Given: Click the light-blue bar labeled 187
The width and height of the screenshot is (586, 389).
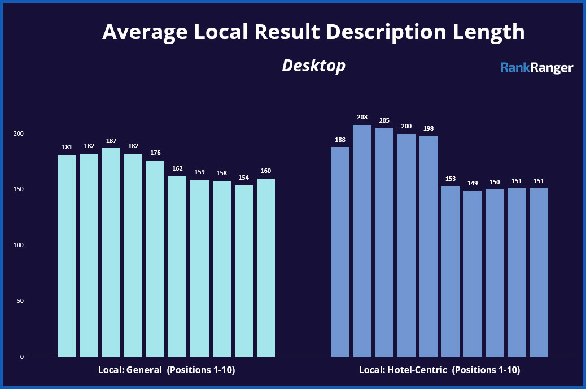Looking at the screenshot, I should click(x=111, y=252).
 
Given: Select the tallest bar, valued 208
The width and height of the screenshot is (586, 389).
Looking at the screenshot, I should click(x=362, y=241).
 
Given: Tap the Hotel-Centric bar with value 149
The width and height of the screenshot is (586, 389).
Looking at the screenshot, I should click(x=473, y=274).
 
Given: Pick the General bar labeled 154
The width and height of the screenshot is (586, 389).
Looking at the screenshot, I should click(x=244, y=271).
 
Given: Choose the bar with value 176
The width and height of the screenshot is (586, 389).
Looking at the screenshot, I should click(x=155, y=258).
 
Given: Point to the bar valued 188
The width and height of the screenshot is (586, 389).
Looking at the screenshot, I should click(x=340, y=252).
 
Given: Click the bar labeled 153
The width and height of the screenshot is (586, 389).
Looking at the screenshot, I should click(x=451, y=271).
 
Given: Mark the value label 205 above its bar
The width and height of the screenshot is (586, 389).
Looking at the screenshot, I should click(x=384, y=121).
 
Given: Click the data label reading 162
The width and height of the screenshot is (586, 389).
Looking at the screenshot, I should click(x=177, y=169).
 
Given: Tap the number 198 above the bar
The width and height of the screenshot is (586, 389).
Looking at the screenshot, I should click(x=428, y=129).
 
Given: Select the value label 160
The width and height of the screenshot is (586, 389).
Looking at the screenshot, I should click(x=266, y=171).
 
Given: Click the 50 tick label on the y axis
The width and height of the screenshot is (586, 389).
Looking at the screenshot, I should click(x=21, y=301).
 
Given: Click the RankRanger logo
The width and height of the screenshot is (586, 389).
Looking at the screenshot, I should click(x=537, y=68).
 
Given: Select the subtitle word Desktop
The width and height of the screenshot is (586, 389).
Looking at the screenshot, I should click(x=313, y=66).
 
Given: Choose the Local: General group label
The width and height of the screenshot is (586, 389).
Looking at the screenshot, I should click(x=167, y=371).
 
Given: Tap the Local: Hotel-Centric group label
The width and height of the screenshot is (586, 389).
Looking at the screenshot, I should click(x=439, y=371).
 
